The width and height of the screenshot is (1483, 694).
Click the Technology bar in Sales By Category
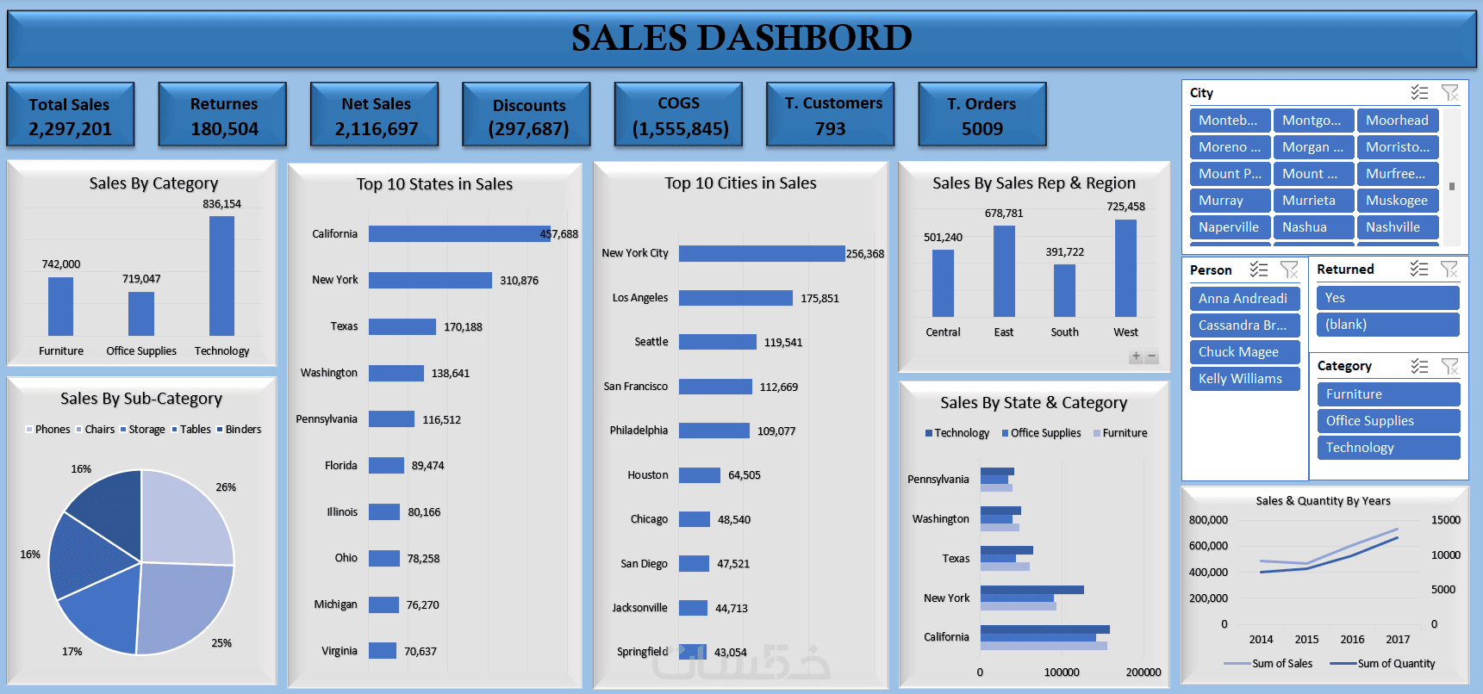coord(221,276)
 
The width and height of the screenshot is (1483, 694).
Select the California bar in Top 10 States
coord(458,233)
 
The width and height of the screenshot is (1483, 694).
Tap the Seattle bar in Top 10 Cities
coord(717,342)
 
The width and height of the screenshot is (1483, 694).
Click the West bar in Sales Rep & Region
coord(1125,268)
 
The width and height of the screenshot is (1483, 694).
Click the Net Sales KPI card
coord(375,115)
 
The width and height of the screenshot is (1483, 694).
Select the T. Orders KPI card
coord(981,115)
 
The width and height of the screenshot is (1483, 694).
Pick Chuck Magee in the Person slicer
coord(1243,352)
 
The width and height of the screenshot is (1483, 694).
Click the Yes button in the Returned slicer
coord(1386,298)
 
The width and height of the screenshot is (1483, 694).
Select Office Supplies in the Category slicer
coord(1386,421)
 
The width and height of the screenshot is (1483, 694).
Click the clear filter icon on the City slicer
coord(1449,93)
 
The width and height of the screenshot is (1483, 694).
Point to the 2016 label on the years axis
coord(1352,640)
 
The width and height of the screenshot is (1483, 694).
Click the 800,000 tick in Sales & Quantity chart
coord(1208,520)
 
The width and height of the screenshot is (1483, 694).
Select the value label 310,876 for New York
coord(519,281)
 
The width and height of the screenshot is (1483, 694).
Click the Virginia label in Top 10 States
coord(340,651)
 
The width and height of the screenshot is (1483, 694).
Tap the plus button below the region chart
coord(1136,356)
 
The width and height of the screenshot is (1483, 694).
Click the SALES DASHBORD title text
coord(741,38)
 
